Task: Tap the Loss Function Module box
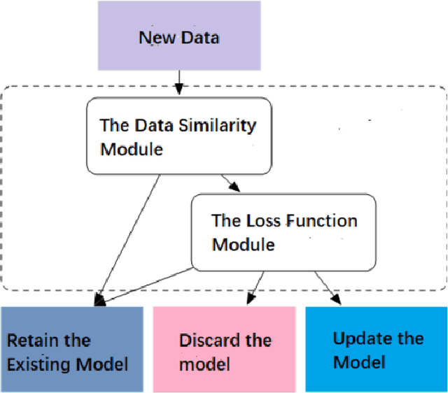283,232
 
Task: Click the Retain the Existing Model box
71,350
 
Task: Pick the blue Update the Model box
376,350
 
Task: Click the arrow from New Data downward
178,83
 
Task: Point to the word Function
314,222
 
